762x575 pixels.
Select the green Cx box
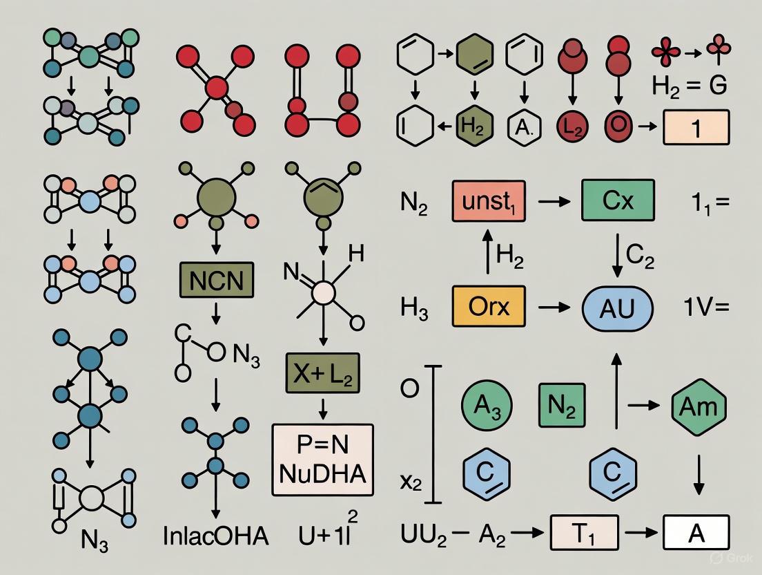[x=618, y=200]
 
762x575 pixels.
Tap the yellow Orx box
[x=488, y=305]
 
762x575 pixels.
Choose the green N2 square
[x=562, y=406]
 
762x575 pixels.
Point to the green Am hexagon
[x=699, y=406]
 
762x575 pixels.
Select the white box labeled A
[x=696, y=534]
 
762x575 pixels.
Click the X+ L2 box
[x=322, y=377]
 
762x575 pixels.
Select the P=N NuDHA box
[x=323, y=460]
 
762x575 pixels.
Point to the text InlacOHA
[x=217, y=536]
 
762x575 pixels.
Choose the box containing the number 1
[x=696, y=129]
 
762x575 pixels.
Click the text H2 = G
[x=690, y=86]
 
